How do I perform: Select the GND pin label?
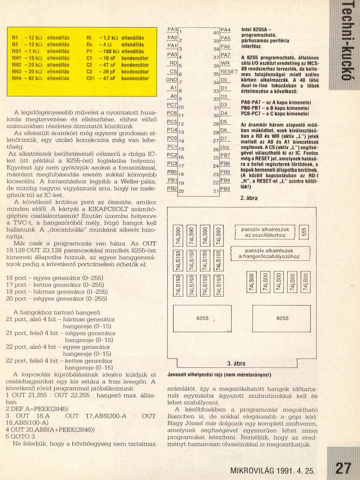coord(171,80)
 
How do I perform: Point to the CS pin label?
coord(173,71)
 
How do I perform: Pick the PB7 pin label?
coord(226,155)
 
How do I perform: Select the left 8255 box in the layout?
coord(202,318)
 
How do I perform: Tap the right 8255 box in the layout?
coord(282,318)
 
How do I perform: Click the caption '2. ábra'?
coord(249,198)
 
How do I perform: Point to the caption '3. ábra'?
coord(236,364)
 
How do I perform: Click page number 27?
coord(343,468)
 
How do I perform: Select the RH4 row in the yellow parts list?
coord(40,79)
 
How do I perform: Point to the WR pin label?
coord(225,63)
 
